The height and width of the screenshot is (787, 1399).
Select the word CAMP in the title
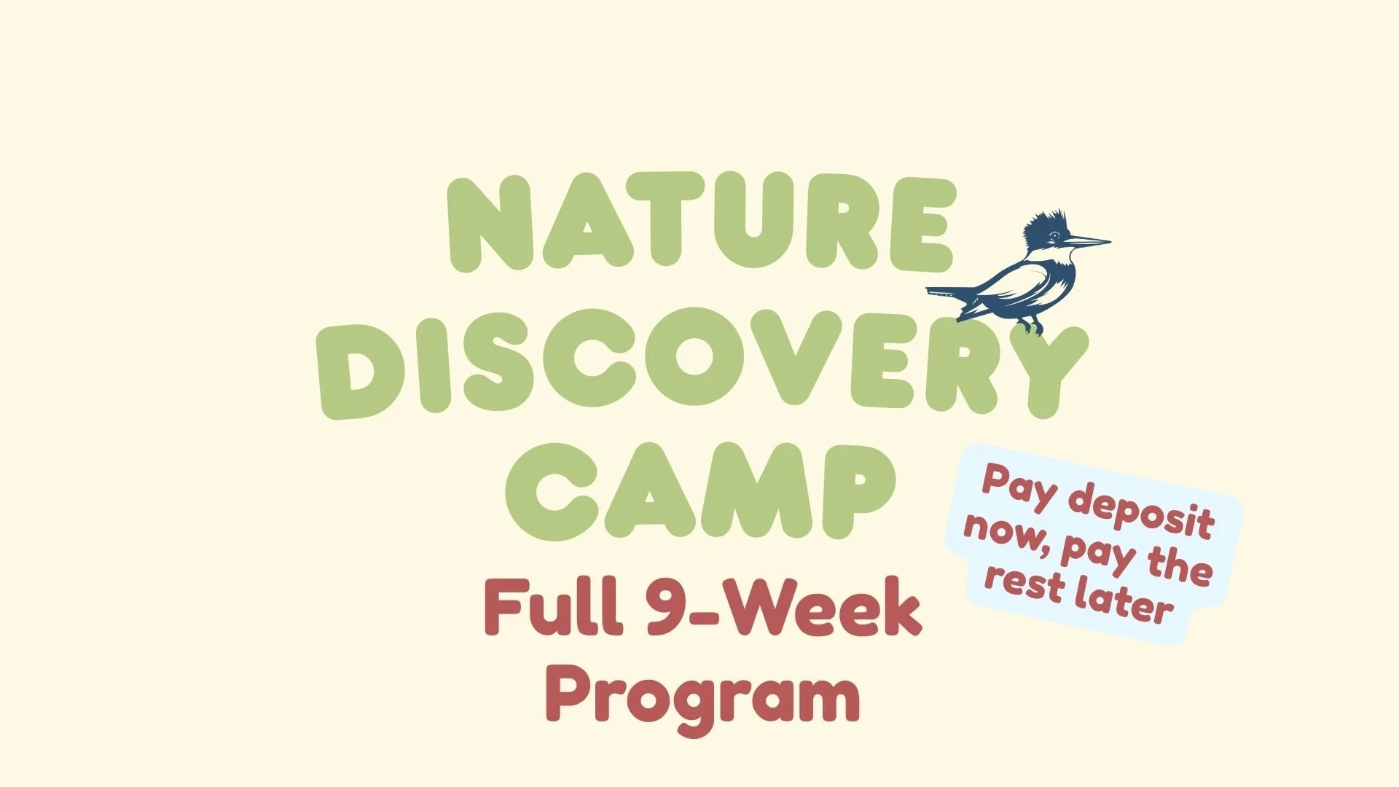[x=699, y=492]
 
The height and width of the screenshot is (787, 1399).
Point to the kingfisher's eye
[x=1054, y=235]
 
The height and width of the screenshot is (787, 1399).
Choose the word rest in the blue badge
[x=1024, y=581]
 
